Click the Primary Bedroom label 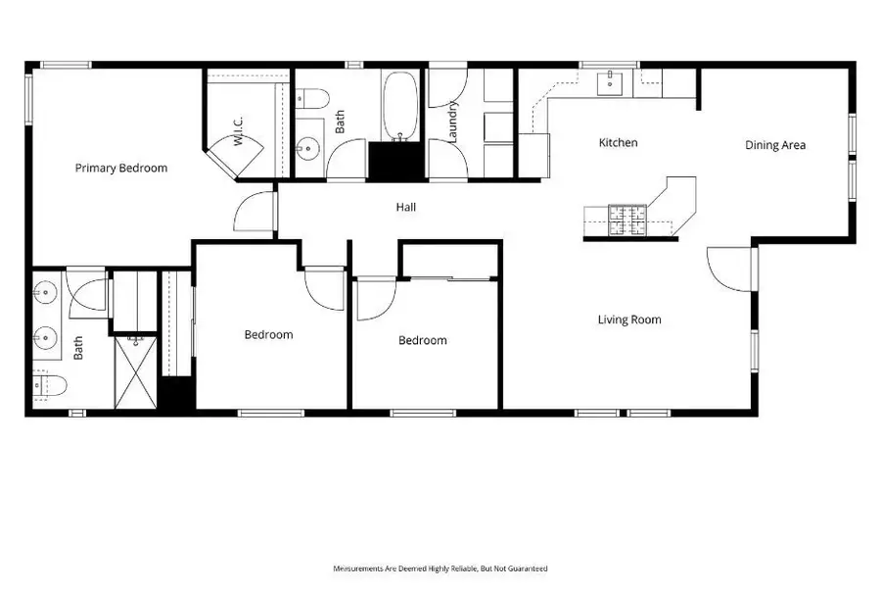[x=121, y=168]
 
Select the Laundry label [x=453, y=123]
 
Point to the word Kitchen [x=618, y=143]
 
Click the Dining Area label [x=775, y=145]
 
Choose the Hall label [x=406, y=207]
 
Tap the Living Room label [x=629, y=320]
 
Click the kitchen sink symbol [x=611, y=83]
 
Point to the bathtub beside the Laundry [x=399, y=106]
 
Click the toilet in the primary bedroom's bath [x=46, y=385]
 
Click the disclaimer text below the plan [x=440, y=568]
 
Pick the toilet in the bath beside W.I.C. [x=312, y=97]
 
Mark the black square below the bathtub [x=396, y=160]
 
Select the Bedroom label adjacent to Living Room [x=422, y=340]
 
